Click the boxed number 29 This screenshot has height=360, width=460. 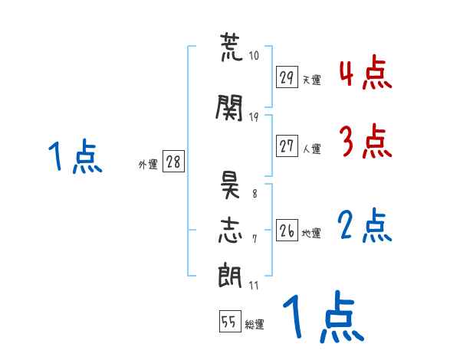point(287,77)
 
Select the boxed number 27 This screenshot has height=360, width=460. point(287,146)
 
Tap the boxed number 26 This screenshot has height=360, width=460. point(287,231)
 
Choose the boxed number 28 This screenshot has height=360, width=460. point(173,162)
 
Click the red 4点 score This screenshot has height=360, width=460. point(366,74)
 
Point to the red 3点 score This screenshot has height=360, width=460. point(366,141)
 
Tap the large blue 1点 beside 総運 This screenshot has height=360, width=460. point(323,318)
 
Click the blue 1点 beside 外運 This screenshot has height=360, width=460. point(74,158)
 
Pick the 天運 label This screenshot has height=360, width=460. point(311,80)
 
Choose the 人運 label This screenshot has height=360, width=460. point(311,148)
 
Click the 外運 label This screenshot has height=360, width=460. point(147,164)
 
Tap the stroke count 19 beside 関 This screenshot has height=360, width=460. point(255,116)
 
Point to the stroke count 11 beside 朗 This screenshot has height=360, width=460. point(254,285)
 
